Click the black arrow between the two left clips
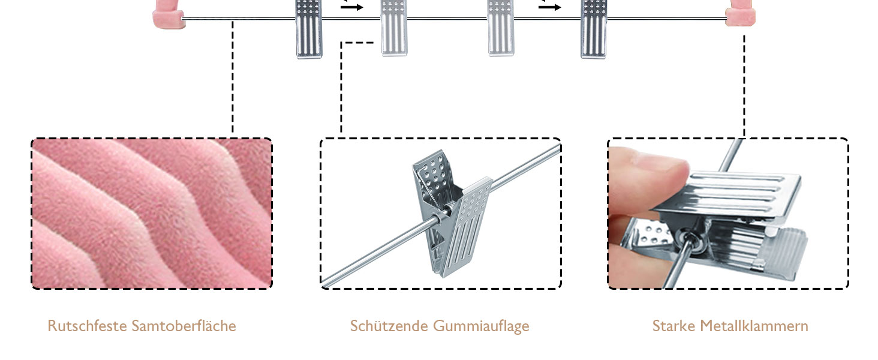coord(353,7)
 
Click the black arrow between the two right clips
coord(550,7)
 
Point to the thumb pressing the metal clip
coord(648,180)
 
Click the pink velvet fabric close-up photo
coord(152,214)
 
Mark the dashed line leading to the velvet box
coord(233,78)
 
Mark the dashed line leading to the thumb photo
coord(744,84)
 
